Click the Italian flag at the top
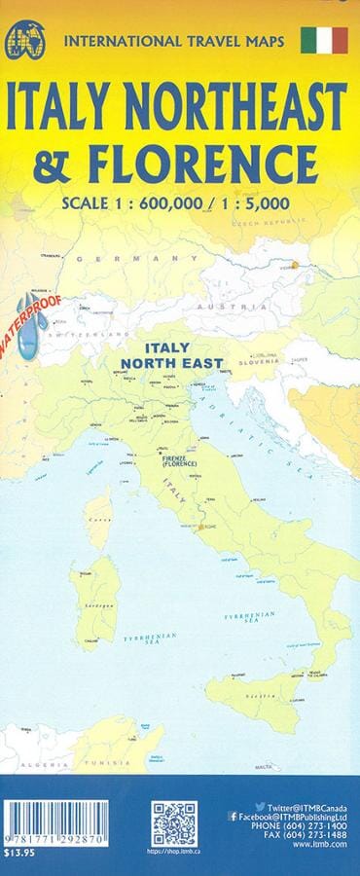point(324,40)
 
